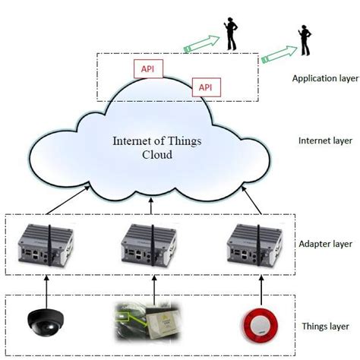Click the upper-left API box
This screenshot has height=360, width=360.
147,68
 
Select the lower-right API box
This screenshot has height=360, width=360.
205,87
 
